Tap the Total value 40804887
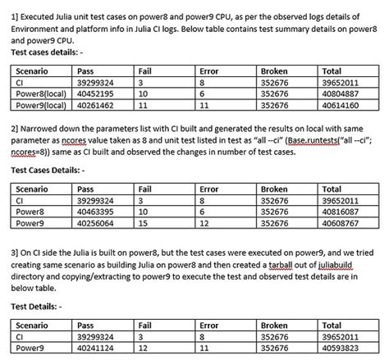coord(344,94)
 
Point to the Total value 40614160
coord(344,105)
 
